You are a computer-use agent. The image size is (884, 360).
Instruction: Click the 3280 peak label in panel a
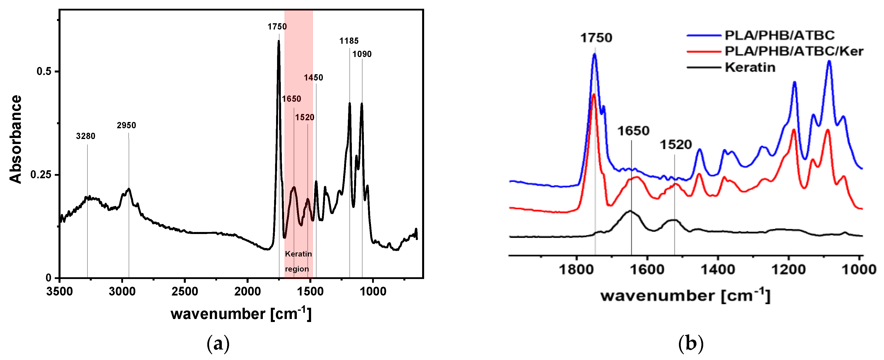[x=86, y=136]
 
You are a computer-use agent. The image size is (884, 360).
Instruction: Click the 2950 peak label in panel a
[x=126, y=125]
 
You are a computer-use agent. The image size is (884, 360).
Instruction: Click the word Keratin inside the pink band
[x=298, y=254]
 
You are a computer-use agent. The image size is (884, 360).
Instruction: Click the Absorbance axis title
[x=16, y=139]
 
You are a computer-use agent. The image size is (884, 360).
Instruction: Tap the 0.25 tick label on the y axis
[x=41, y=175]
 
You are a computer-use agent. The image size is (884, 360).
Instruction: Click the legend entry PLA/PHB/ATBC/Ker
[x=794, y=51]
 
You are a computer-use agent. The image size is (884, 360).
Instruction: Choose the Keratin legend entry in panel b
[x=750, y=67]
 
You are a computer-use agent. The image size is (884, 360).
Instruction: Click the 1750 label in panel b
[x=596, y=38]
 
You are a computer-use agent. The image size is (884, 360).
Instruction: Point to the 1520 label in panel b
[x=676, y=145]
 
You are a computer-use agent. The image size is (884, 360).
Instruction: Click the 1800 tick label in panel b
[x=576, y=269]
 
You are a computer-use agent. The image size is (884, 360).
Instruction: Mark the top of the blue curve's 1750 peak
[x=594, y=54]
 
